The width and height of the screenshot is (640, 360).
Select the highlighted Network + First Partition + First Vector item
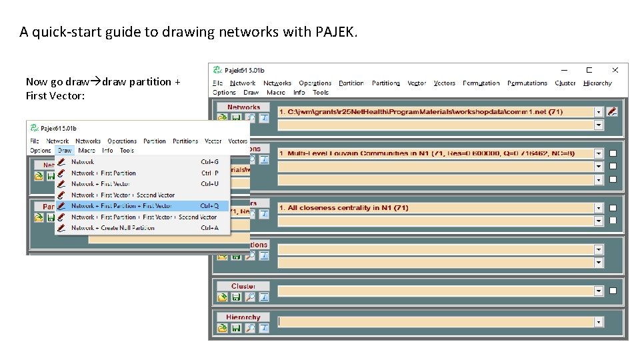coord(121,206)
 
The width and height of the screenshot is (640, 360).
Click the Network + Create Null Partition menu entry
coord(113,228)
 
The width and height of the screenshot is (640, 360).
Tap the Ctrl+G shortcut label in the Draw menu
coord(209,162)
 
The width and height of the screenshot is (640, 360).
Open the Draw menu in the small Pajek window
coord(64,151)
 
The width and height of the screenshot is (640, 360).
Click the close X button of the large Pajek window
coord(615,70)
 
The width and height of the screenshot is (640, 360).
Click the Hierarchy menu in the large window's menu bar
coord(597,83)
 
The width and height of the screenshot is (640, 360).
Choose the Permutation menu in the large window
coord(481,83)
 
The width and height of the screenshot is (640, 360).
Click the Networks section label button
coord(243,107)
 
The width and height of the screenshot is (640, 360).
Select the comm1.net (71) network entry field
coord(436,112)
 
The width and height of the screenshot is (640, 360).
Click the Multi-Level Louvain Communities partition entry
coord(436,153)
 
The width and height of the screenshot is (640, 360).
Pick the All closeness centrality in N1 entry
coord(436,208)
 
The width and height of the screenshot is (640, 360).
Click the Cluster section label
coord(243,286)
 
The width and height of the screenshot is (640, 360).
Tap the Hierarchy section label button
coord(243,317)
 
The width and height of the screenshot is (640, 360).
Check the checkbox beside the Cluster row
coord(613,291)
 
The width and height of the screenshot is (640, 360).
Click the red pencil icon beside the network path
coord(613,112)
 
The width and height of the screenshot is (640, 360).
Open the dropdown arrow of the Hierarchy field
coord(599,323)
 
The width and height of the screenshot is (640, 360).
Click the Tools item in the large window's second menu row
coord(321,93)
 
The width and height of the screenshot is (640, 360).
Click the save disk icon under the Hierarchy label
coord(236,328)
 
